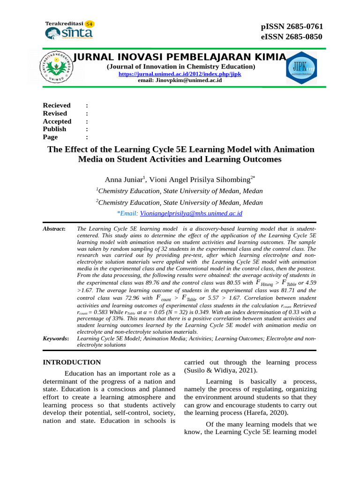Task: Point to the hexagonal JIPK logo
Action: [x=301, y=67]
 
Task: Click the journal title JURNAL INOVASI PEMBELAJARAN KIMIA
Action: [x=180, y=57]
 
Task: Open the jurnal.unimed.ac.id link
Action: [x=180, y=74]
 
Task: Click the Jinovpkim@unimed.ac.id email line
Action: [x=180, y=81]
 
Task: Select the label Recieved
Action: [x=57, y=105]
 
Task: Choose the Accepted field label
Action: [x=57, y=121]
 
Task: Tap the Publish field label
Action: [x=54, y=129]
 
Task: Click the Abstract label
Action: [x=53, y=228]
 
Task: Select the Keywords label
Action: [x=56, y=338]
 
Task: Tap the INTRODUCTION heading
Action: [x=72, y=362]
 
